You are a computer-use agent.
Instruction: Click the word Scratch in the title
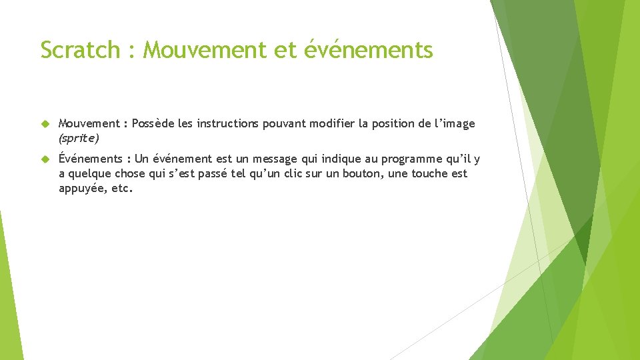[79, 50]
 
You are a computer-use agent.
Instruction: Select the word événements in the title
[369, 50]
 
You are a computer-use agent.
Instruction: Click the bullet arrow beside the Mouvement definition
[45, 124]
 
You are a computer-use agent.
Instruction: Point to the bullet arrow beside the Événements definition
[45, 159]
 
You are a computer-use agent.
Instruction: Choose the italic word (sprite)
[79, 138]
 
